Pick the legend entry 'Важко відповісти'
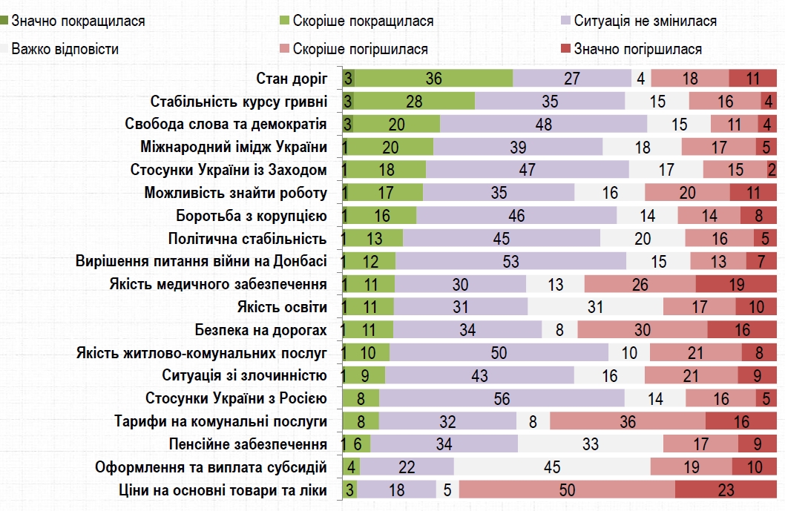[x=65, y=49]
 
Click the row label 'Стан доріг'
[x=291, y=79]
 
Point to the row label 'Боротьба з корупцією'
[x=251, y=216]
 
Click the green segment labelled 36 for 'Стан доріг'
[x=434, y=79]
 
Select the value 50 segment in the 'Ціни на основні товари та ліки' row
[x=567, y=490]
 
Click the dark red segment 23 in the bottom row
[x=726, y=490]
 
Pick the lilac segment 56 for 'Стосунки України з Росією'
[x=502, y=399]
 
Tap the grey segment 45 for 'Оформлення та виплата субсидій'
[x=552, y=467]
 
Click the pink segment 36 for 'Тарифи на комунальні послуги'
[x=628, y=422]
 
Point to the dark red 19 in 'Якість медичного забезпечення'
[x=736, y=285]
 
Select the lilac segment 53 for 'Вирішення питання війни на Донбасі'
[x=510, y=262]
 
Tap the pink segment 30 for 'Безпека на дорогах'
[x=643, y=330]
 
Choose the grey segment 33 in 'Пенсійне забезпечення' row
[x=591, y=444]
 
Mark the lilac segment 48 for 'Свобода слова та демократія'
[x=543, y=125]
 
